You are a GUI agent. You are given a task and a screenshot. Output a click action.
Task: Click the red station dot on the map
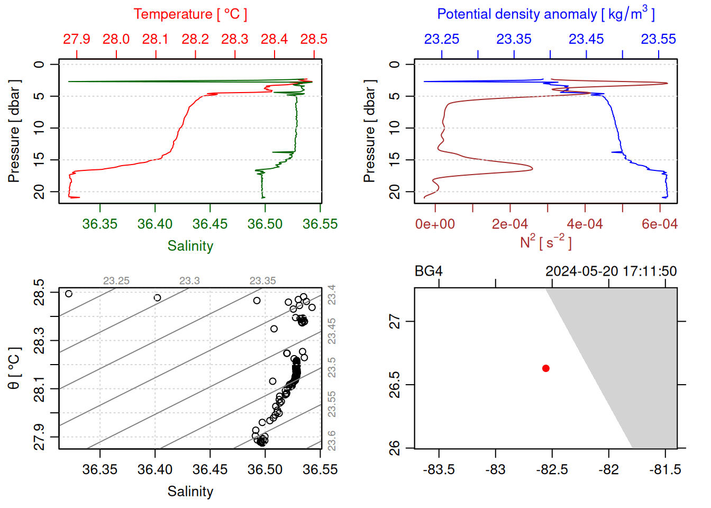point(546,368)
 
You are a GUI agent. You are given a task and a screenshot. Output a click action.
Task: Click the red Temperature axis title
point(190,14)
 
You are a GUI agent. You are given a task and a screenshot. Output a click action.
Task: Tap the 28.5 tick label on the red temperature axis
point(314,39)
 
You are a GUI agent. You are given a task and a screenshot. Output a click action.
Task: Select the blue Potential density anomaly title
point(545,14)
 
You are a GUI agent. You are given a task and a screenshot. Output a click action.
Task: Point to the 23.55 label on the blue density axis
point(658,39)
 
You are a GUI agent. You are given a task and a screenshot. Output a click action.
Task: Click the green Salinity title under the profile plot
point(190,246)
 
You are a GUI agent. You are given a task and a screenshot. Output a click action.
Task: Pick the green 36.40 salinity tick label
point(155,224)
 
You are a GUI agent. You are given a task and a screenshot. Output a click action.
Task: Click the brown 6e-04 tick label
point(659,224)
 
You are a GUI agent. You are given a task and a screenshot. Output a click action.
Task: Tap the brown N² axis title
point(545,242)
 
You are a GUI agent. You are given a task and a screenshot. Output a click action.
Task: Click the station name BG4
point(429,271)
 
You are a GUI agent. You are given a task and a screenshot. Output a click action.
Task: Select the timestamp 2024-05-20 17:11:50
point(611,271)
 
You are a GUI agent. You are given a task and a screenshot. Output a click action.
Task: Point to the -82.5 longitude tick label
point(552,469)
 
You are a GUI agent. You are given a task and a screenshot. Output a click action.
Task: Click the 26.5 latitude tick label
point(395,379)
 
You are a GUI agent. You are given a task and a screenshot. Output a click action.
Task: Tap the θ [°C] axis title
point(14,368)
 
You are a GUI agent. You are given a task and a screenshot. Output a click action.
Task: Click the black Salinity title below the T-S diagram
point(190,492)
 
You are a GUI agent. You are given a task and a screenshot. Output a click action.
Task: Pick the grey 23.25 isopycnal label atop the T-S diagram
point(116,281)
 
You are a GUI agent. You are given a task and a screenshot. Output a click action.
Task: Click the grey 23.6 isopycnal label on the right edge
point(332,440)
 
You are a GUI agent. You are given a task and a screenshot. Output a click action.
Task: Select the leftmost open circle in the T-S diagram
point(68,294)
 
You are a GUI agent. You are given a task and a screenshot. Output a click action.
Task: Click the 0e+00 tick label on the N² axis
point(435,224)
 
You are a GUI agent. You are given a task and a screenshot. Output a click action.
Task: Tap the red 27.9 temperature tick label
point(77,39)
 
